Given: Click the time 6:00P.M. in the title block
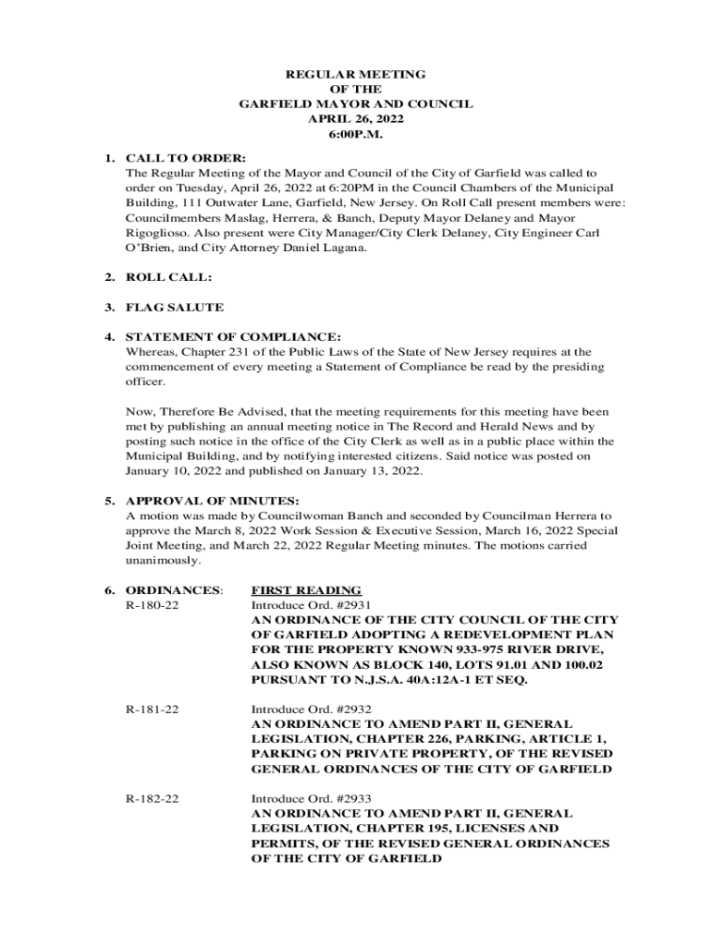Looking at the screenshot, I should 356,134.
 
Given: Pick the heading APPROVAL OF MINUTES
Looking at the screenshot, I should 212,501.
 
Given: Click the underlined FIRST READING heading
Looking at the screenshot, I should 306,590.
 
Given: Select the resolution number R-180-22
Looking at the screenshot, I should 153,605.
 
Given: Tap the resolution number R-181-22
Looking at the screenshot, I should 153,709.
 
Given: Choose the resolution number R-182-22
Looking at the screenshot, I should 153,798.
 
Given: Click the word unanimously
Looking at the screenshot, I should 162,561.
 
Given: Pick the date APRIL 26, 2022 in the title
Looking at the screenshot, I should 356,119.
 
